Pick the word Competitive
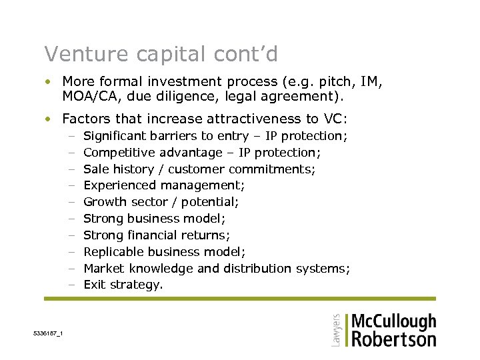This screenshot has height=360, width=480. [119, 153]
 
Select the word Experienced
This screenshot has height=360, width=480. [119, 185]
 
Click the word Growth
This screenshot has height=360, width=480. [103, 202]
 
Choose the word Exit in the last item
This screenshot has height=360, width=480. [94, 285]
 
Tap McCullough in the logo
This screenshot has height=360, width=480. [393, 322]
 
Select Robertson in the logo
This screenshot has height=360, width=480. [393, 339]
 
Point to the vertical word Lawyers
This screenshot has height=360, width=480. [336, 329]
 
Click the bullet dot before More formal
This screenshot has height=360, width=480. [49, 82]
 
